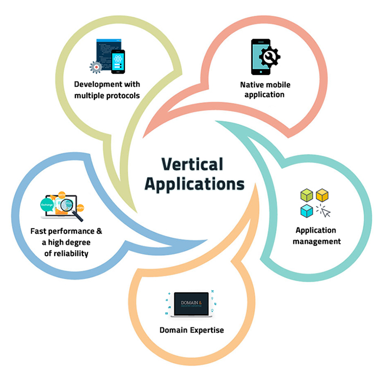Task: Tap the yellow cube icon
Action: [x=323, y=194]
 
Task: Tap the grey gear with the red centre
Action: [x=96, y=67]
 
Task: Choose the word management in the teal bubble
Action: [x=316, y=241]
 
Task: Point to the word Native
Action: [x=251, y=85]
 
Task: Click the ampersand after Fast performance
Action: [x=99, y=232]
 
